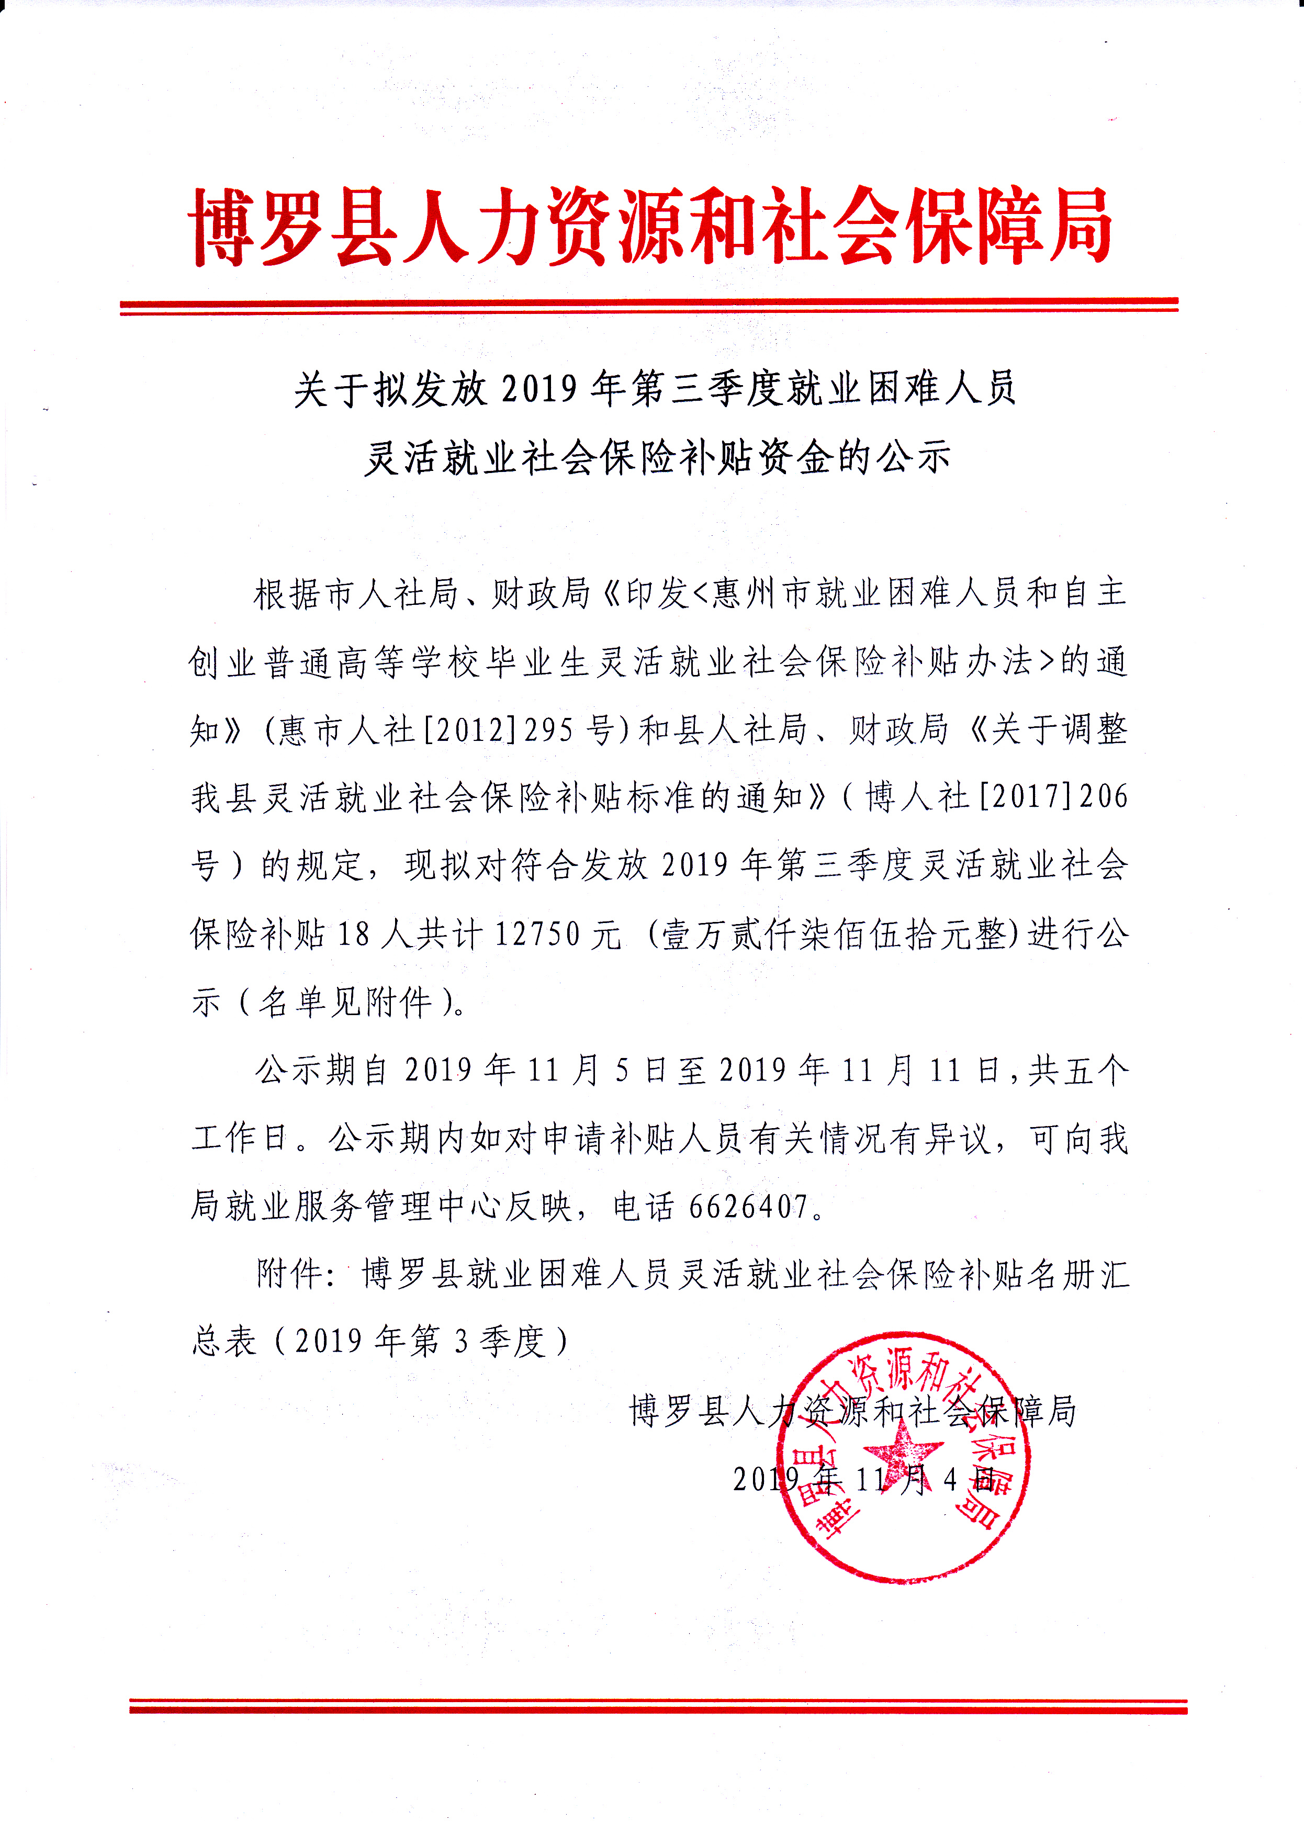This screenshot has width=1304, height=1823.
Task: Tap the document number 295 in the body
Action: pyautogui.click(x=548, y=730)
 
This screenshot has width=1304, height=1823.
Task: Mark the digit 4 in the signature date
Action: pyautogui.click(x=951, y=1479)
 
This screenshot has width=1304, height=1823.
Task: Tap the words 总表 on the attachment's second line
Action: pyautogui.click(x=225, y=1342)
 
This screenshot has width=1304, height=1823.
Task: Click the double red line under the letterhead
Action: pyautogui.click(x=649, y=306)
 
